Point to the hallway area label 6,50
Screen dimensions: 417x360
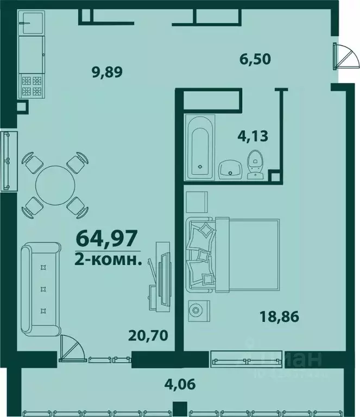point(256,58)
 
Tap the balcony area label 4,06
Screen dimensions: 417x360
point(180,385)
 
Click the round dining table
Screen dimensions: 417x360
point(54,184)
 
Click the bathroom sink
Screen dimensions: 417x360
point(231,170)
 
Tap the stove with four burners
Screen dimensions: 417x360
point(30,86)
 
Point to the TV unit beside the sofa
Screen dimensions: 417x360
point(161,275)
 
